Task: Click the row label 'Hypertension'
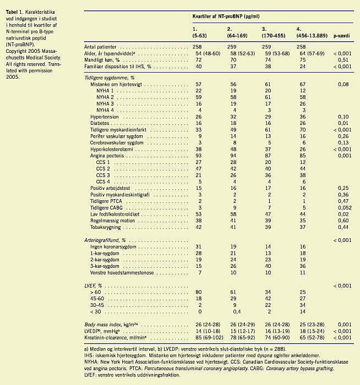pos(105,117)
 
